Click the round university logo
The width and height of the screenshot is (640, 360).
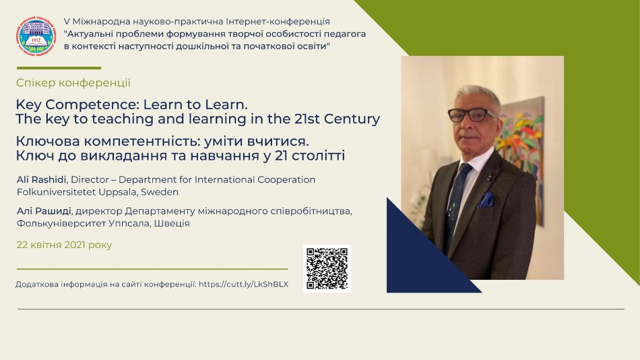tap(36, 36)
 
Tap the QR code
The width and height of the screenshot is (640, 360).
tap(327, 268)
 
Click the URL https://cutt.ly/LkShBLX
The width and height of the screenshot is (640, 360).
tap(244, 284)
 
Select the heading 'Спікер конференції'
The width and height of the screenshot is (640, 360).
tap(73, 83)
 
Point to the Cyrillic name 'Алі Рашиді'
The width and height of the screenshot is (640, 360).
tap(44, 211)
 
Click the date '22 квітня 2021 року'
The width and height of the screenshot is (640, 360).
tap(65, 245)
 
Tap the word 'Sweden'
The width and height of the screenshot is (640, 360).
tap(160, 191)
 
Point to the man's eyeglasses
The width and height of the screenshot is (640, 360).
tap(472, 115)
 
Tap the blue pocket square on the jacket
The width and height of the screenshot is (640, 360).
tap(486, 200)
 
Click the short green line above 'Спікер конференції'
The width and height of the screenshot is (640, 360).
tap(59, 68)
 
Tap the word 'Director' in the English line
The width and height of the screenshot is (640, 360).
tap(90, 179)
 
